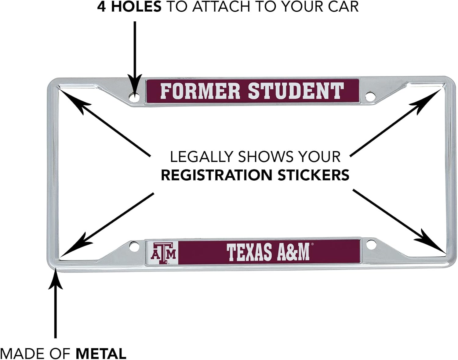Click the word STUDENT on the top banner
tap(296, 91)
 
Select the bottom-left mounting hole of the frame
tap(133, 246)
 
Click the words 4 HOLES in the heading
tap(129, 7)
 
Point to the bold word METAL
tap(101, 354)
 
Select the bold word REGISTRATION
tap(216, 175)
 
